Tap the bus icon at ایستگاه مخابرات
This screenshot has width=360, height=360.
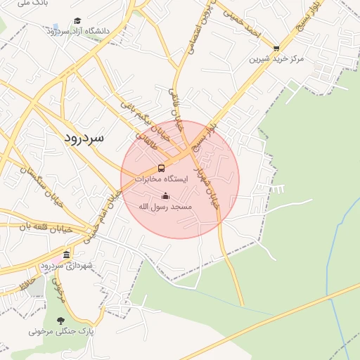tap(162, 168)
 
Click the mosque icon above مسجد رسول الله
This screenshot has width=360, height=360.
tap(166, 195)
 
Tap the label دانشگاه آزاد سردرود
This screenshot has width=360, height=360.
tap(82, 32)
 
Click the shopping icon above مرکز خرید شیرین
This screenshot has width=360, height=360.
tap(276, 49)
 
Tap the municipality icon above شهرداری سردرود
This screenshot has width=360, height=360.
tap(67, 255)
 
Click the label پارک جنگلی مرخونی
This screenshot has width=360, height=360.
tap(61, 330)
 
